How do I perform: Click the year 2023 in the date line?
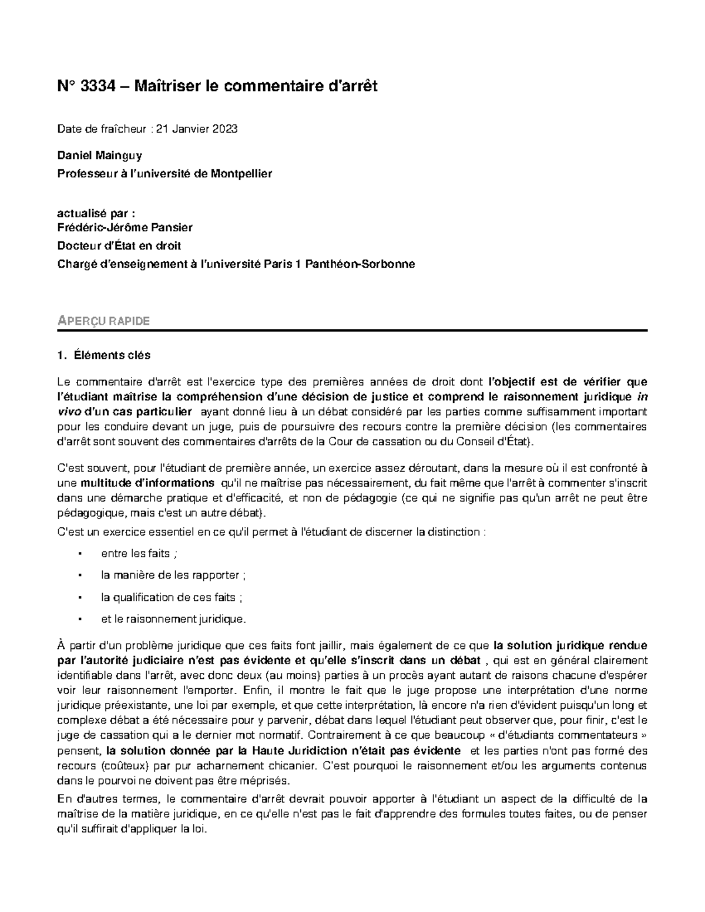coord(226,129)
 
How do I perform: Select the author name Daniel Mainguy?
coord(99,156)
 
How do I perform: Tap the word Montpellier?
coord(241,174)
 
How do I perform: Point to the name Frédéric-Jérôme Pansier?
coord(125,227)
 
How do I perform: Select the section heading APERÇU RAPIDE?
coord(103,321)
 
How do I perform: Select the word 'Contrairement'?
coord(340,735)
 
